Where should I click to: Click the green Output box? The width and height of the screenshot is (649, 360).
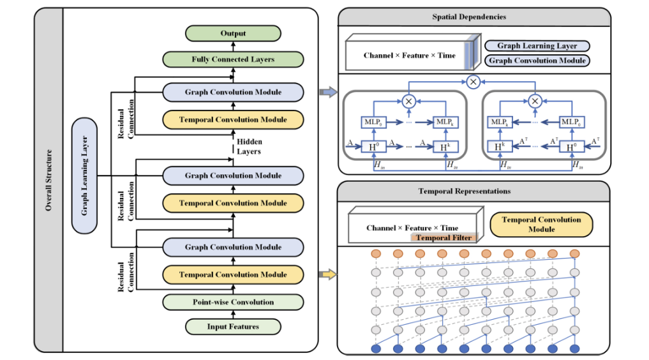pyautogui.click(x=233, y=33)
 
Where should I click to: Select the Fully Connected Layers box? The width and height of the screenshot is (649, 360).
pyautogui.click(x=233, y=59)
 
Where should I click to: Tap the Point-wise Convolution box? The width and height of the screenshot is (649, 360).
pyautogui.click(x=233, y=302)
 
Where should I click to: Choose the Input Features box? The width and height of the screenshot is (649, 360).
pyautogui.click(x=233, y=327)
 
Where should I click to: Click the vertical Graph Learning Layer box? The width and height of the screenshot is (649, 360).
pyautogui.click(x=85, y=175)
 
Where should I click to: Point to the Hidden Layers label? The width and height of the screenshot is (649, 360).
pyautogui.click(x=249, y=147)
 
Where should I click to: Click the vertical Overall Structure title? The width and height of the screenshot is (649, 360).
pyautogui.click(x=48, y=180)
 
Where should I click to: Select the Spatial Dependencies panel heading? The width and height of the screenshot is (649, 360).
pyautogui.click(x=474, y=17)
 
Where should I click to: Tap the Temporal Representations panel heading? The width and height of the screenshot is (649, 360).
pyautogui.click(x=474, y=191)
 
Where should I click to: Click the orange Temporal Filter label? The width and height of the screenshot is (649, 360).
pyautogui.click(x=444, y=237)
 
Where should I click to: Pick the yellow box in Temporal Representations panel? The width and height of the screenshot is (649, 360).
pyautogui.click(x=541, y=224)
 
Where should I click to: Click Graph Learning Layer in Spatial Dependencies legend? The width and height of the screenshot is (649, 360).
pyautogui.click(x=537, y=46)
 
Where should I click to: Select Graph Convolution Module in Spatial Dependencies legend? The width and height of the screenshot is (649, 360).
pyautogui.click(x=537, y=61)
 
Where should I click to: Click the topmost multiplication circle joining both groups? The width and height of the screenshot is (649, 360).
pyautogui.click(x=473, y=82)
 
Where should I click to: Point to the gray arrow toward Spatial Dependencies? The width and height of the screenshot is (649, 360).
pyautogui.click(x=328, y=93)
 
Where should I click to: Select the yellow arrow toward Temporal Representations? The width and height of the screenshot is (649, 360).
pyautogui.click(x=328, y=275)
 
